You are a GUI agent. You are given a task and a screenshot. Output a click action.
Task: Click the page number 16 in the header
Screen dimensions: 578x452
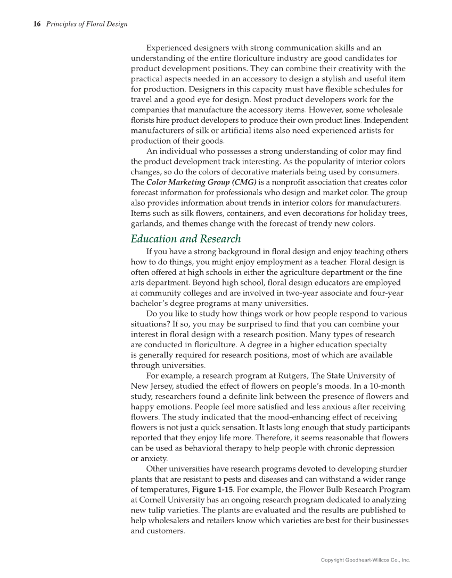click(37, 24)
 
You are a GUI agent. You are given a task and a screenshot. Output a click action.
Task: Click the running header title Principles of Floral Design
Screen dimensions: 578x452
click(86, 24)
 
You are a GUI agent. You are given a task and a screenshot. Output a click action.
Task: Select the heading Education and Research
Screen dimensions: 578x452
click(186, 239)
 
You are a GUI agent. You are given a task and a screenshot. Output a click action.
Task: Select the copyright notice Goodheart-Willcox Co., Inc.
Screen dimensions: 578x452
click(365, 560)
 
